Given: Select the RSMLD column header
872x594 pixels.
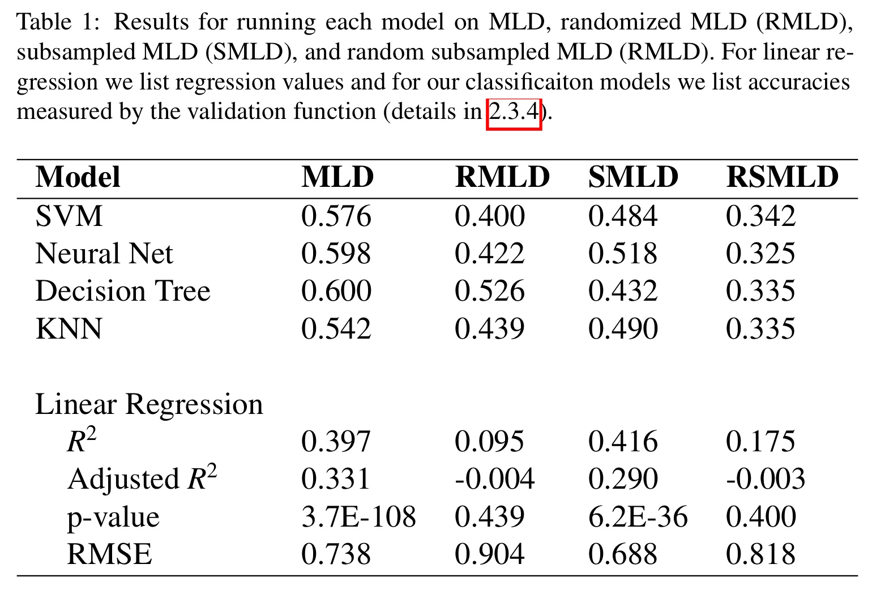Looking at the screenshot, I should (x=782, y=177).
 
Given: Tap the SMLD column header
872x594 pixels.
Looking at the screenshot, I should (x=633, y=177).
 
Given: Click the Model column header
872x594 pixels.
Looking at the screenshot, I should (x=78, y=177).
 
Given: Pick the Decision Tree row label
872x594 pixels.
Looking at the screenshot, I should (x=123, y=292).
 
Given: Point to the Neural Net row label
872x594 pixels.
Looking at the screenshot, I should (x=104, y=254).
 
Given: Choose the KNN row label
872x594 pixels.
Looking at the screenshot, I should (x=69, y=329).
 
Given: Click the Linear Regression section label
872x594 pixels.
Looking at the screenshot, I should (x=149, y=405).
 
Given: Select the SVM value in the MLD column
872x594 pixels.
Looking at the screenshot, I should (x=336, y=216).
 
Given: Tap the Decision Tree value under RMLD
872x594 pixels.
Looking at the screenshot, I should (x=490, y=292).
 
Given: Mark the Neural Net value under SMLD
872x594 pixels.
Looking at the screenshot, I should (x=623, y=254).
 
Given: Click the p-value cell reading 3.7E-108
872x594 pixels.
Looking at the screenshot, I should (x=358, y=517).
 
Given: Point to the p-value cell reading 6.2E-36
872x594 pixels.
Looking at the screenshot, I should (x=638, y=517).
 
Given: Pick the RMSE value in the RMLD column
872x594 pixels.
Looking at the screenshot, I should (x=490, y=554).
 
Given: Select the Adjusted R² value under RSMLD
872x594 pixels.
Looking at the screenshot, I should (x=765, y=479).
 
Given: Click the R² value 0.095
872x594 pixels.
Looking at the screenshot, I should (x=490, y=442).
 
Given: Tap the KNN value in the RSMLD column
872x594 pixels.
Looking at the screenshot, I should (x=760, y=329).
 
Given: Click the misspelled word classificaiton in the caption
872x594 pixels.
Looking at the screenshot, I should (x=529, y=83).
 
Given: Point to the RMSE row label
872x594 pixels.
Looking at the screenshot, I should (x=109, y=554).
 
